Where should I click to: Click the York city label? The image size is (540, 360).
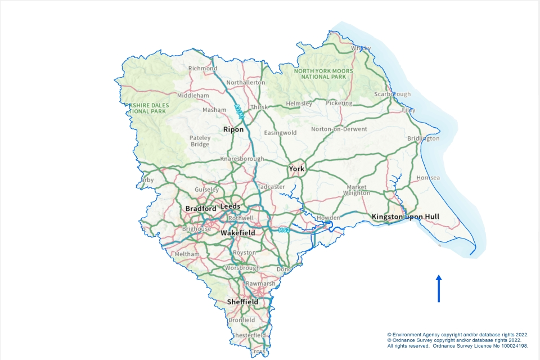(x=296, y=169)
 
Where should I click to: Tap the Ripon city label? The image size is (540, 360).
(x=233, y=129)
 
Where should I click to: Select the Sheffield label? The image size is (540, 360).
(x=242, y=302)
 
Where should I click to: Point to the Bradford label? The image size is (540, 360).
(x=201, y=209)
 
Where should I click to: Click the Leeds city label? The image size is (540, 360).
(x=230, y=206)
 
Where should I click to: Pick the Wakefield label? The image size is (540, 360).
(x=237, y=232)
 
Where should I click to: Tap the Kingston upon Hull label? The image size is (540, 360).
(x=405, y=217)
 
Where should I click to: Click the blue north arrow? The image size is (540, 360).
(x=439, y=288)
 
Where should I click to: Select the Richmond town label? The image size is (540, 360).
(x=202, y=69)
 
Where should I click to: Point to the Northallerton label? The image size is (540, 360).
(x=245, y=83)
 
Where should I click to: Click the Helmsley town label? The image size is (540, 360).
(x=299, y=103)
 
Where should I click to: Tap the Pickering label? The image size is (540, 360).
(x=339, y=103)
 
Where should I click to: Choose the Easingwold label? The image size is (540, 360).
(x=280, y=133)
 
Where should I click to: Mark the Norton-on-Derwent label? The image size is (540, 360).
(x=339, y=129)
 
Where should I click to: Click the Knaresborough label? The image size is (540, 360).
(x=242, y=159)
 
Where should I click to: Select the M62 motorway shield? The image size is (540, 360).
(x=284, y=230)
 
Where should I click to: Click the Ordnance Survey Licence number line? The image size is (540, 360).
(x=457, y=346)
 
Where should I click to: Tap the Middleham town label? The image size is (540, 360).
(x=193, y=96)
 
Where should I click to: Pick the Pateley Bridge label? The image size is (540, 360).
(x=200, y=141)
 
